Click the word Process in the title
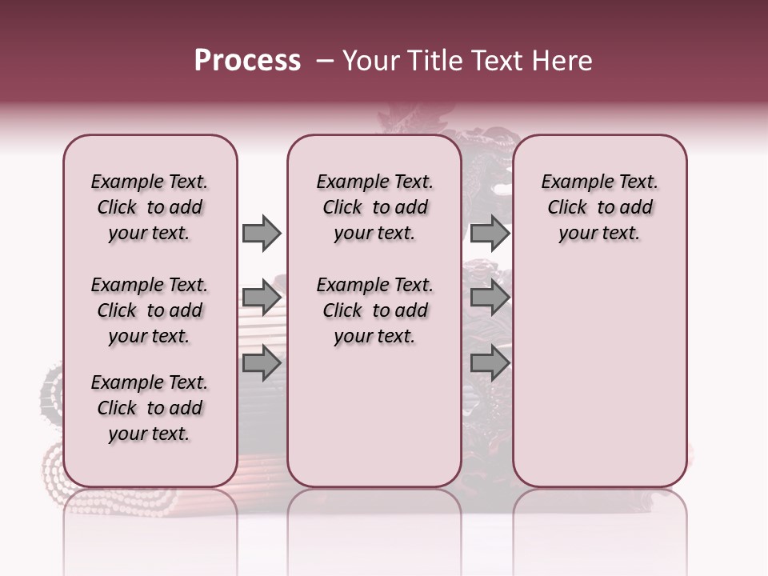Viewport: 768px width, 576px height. (247, 61)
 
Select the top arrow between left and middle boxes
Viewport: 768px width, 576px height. (262, 233)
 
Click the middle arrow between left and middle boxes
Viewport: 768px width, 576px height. (262, 298)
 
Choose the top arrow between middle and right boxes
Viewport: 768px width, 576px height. (490, 233)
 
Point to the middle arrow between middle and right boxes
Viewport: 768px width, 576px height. (490, 298)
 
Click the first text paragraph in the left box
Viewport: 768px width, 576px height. (150, 207)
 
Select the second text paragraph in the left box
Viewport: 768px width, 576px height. (150, 310)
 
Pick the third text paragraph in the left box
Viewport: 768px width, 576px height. (150, 408)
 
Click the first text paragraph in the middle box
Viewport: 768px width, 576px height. (374, 207)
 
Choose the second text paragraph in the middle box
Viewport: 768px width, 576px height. (374, 310)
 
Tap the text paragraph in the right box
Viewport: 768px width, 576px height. (599, 207)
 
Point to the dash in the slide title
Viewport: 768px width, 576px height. (325, 61)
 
